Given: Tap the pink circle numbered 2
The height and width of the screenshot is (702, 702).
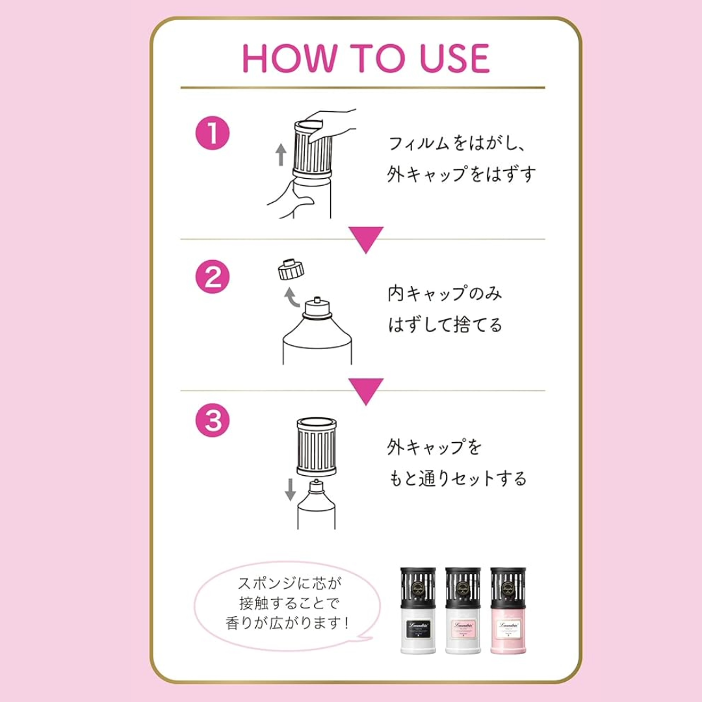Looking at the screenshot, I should [213, 278].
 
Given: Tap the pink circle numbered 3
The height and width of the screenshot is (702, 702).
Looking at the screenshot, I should [213, 421].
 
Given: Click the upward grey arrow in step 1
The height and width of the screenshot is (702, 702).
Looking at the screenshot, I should [281, 155].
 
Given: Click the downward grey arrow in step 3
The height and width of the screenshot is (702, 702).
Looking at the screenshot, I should [290, 490].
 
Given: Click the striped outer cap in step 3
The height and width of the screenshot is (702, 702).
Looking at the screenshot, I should [317, 447].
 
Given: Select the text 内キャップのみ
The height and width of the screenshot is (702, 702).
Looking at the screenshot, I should [445, 294].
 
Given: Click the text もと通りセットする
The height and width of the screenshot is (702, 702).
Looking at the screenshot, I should [457, 479].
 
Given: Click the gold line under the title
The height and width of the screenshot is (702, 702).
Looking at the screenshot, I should [363, 87].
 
